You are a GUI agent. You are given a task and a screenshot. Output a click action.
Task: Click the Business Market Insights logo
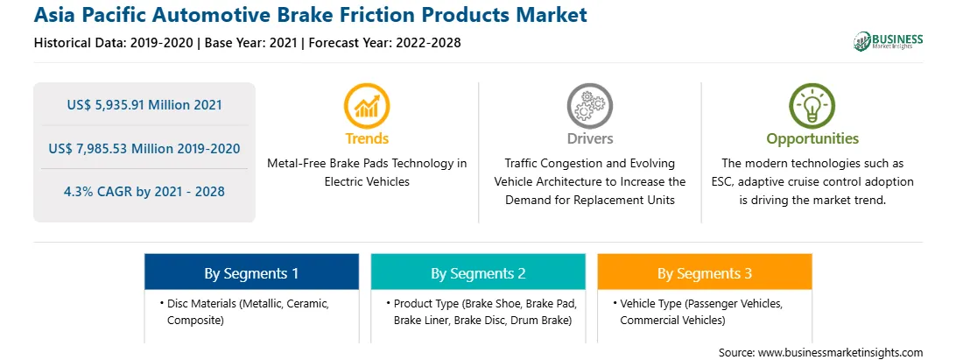tap(888, 41)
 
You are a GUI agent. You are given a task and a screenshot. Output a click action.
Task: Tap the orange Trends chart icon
tap(367, 106)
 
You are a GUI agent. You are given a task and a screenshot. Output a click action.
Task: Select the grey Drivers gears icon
tap(589, 106)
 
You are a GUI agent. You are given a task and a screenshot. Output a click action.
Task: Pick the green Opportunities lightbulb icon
tap(812, 106)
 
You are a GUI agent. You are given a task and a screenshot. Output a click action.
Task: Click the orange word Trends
tap(367, 138)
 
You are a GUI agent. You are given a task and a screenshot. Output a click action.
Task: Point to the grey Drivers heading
tap(589, 138)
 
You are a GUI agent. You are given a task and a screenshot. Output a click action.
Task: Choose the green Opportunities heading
tap(812, 139)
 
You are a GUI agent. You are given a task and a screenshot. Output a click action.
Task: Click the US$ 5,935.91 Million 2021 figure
tap(144, 105)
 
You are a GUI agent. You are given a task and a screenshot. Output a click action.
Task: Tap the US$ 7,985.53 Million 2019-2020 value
tap(144, 148)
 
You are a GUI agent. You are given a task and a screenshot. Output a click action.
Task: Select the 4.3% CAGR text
tap(144, 192)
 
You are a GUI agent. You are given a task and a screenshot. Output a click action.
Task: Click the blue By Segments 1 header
tap(252, 273)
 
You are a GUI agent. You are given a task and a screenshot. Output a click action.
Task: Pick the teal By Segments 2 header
tap(478, 273)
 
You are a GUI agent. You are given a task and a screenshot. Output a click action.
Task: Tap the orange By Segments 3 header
tap(705, 273)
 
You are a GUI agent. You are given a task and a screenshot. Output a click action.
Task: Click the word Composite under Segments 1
tap(193, 320)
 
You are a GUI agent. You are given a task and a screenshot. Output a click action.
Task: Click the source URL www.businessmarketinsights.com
tap(840, 352)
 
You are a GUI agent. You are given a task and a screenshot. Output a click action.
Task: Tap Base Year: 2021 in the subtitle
tap(253, 43)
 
